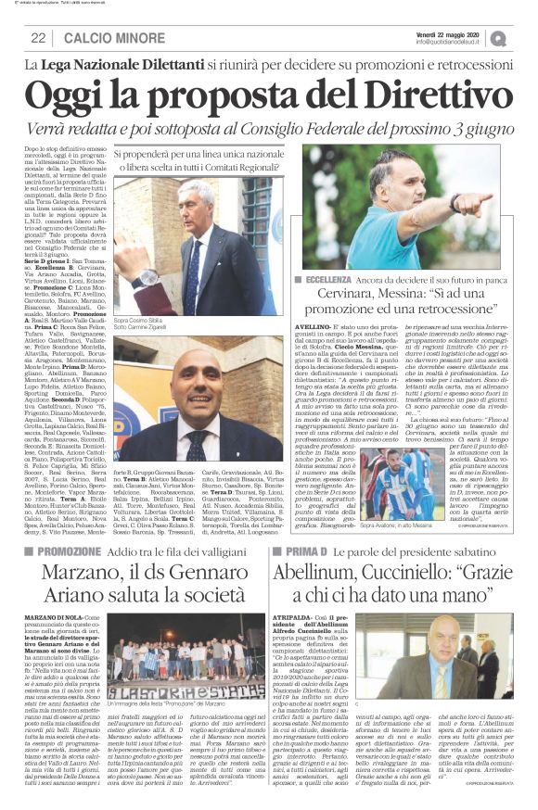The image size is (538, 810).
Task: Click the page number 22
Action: click(x=38, y=38)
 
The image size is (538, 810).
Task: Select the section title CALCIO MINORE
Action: click(x=97, y=38)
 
